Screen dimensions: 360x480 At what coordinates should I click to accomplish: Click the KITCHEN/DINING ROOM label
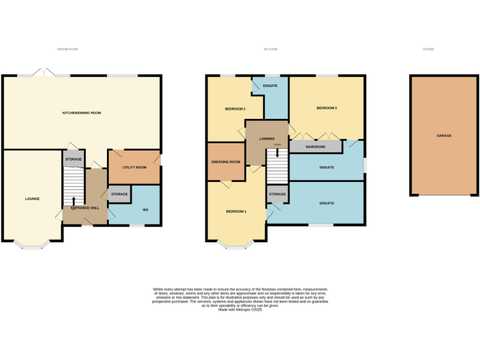81,113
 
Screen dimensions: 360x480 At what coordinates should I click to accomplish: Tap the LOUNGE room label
32,199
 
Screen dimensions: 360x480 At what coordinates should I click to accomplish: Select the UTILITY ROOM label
134,167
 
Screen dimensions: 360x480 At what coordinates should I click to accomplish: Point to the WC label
145,209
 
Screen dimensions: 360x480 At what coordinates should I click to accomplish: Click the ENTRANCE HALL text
85,207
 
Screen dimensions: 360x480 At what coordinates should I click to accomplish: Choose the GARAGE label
444,136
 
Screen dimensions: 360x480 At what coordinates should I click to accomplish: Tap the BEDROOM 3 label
235,109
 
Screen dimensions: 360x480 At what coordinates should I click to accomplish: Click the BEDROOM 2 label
326,108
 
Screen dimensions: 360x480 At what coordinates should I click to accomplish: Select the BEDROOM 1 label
236,211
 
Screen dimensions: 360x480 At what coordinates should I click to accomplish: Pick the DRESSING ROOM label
226,162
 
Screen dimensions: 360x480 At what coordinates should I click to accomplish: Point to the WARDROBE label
315,147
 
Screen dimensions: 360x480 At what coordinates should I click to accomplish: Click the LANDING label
267,138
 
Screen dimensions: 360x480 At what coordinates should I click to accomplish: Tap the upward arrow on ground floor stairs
74,201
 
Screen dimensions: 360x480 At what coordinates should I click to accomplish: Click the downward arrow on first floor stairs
277,152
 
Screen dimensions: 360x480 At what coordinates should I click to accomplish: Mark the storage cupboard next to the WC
119,194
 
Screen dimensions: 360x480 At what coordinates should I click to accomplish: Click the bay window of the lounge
32,246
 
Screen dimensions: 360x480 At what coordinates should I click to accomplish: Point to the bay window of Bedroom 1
236,246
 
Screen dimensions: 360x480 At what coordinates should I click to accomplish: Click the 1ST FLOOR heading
271,49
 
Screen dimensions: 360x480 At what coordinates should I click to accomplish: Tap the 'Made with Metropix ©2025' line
240,309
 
